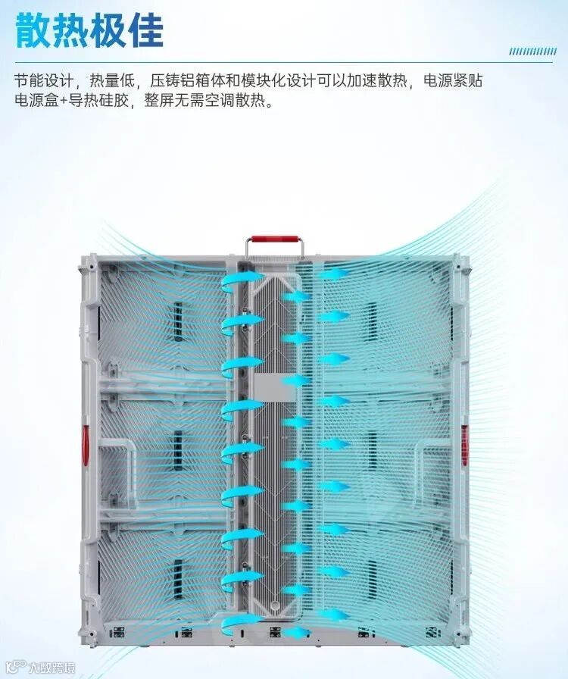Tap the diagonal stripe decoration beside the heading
point(532,52)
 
